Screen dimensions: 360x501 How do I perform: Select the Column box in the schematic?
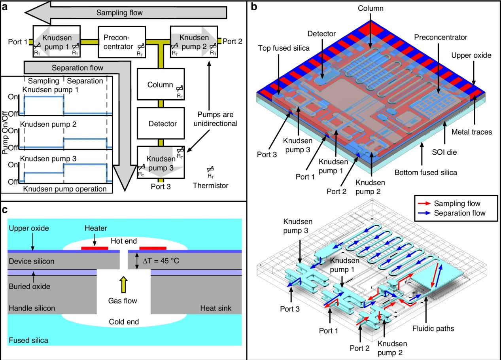click(160, 84)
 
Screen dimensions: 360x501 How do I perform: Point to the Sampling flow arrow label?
click(120, 13)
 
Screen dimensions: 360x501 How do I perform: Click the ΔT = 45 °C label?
click(160, 261)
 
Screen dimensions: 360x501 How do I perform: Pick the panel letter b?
click(255, 7)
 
